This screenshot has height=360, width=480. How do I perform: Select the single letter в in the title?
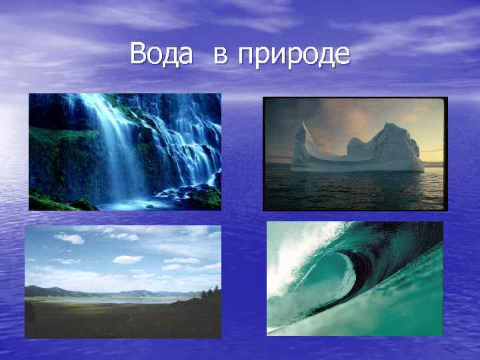(x=221, y=55)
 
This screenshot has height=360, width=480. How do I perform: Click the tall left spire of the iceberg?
(x=304, y=140)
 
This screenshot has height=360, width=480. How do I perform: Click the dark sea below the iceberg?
(x=353, y=190)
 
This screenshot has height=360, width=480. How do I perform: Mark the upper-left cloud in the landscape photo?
(x=69, y=237)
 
